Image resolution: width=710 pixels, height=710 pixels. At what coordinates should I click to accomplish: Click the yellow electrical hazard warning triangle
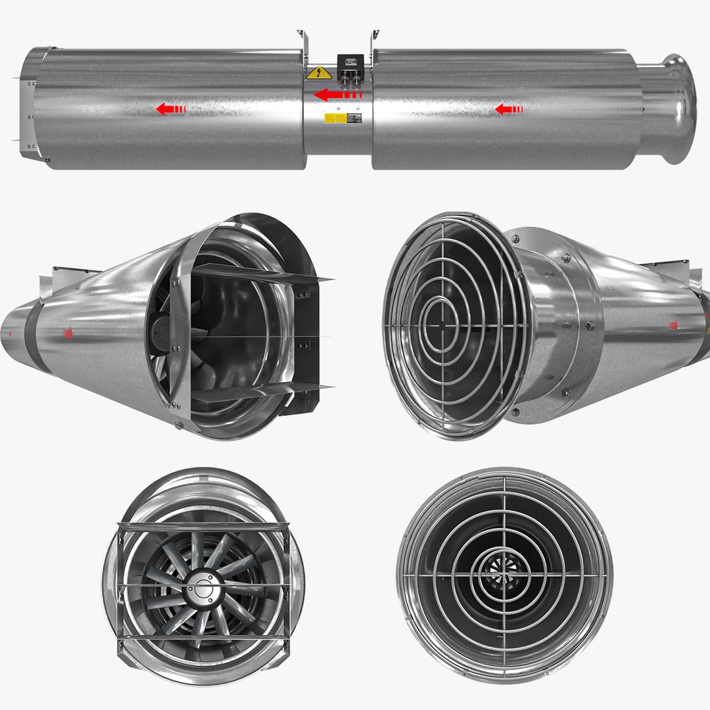[x=318, y=73]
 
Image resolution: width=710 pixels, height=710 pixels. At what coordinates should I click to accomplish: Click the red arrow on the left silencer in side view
[x=170, y=109]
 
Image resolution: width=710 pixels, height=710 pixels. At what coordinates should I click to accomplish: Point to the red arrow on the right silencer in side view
[x=508, y=108]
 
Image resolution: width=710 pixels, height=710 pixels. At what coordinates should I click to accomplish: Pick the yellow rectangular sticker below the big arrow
[x=333, y=118]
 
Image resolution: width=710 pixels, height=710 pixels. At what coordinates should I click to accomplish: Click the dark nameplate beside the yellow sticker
[x=355, y=118]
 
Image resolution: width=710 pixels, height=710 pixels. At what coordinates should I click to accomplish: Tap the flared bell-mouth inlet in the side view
[x=677, y=108]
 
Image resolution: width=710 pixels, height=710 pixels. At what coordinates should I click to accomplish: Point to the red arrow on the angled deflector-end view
[x=68, y=334]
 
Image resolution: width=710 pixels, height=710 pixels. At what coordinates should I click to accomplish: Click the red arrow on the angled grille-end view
[x=674, y=324]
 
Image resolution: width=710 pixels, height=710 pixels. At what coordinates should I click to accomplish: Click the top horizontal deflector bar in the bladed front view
[x=203, y=526]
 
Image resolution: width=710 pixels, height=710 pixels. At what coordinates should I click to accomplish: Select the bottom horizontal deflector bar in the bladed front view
[x=203, y=638]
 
